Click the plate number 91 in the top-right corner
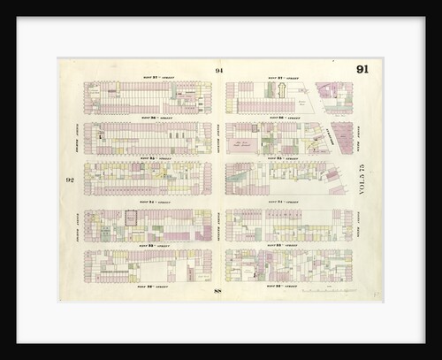(362, 70)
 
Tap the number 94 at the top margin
(218, 71)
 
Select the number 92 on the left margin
(69, 180)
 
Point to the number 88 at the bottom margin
(218, 291)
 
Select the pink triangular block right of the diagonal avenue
(339, 137)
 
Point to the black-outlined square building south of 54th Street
(131, 217)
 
